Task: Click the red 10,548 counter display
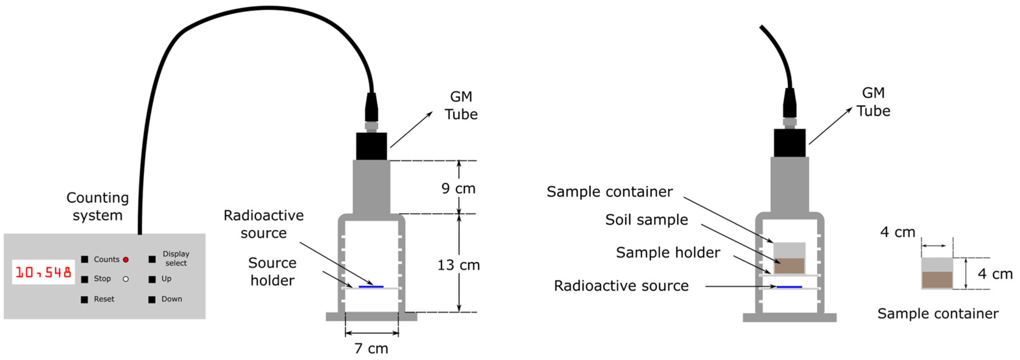43,272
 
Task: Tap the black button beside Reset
84,299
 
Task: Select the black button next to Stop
84,279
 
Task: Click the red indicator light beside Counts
126,260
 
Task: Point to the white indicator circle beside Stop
126,279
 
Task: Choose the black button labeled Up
152,279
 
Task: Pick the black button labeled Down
152,299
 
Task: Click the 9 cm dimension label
458,188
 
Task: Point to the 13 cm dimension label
458,265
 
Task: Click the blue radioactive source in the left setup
371,286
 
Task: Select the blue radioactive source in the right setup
789,286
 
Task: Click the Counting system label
97,206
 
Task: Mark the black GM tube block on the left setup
372,146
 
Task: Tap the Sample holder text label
668,252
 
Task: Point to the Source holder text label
272,272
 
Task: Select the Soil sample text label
646,220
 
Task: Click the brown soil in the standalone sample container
937,280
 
